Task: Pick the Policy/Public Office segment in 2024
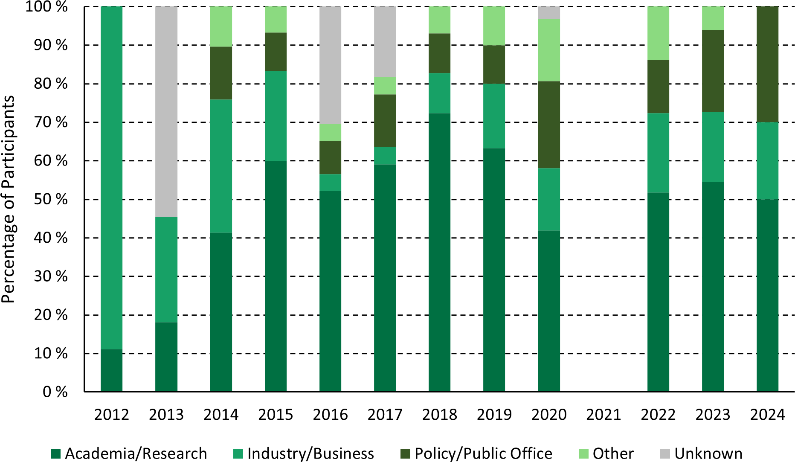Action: click(x=767, y=64)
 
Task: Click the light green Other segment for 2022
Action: click(x=658, y=33)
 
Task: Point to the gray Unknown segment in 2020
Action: click(x=549, y=13)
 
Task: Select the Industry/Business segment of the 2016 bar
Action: click(x=330, y=183)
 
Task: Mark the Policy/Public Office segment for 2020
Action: click(x=549, y=125)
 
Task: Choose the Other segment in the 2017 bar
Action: click(x=385, y=86)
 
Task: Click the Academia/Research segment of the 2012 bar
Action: click(x=112, y=370)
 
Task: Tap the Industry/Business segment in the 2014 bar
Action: click(x=221, y=166)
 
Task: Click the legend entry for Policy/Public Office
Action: click(x=483, y=453)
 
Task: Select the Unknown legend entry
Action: click(x=708, y=453)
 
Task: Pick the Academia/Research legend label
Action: click(x=136, y=453)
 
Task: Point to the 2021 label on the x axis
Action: click(x=604, y=415)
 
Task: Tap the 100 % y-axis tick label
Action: click(x=47, y=7)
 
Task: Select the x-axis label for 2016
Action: click(x=330, y=415)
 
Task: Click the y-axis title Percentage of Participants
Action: click(x=8, y=199)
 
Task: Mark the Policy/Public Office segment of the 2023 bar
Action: click(x=713, y=71)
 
